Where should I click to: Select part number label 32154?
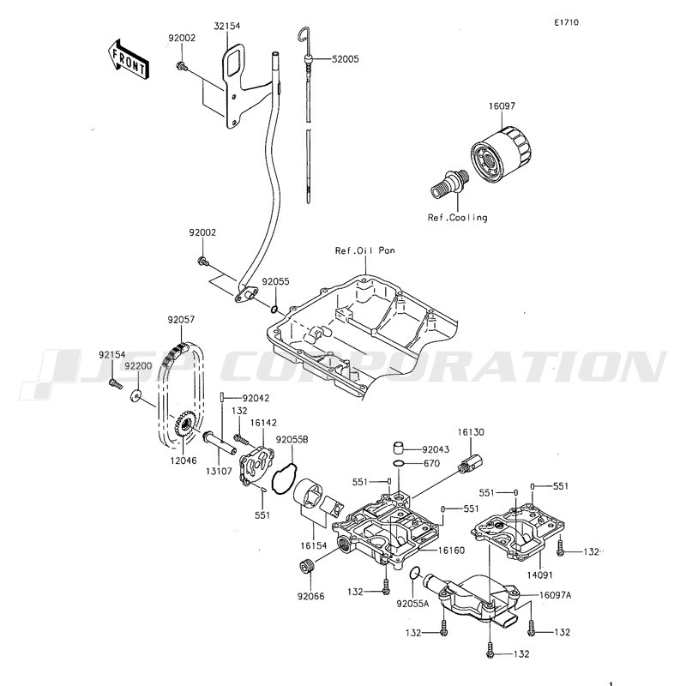point(227,27)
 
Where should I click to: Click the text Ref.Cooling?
point(457,218)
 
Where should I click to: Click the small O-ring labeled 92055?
point(274,310)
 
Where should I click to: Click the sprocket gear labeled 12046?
point(184,425)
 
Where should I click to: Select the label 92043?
point(435,448)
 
